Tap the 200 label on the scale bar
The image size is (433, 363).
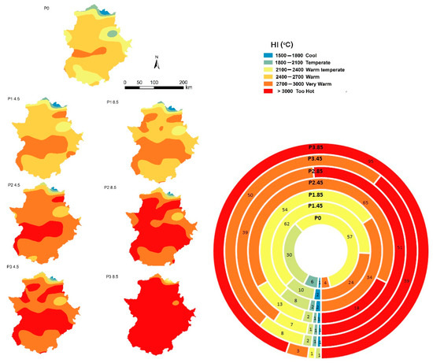point(183,81)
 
